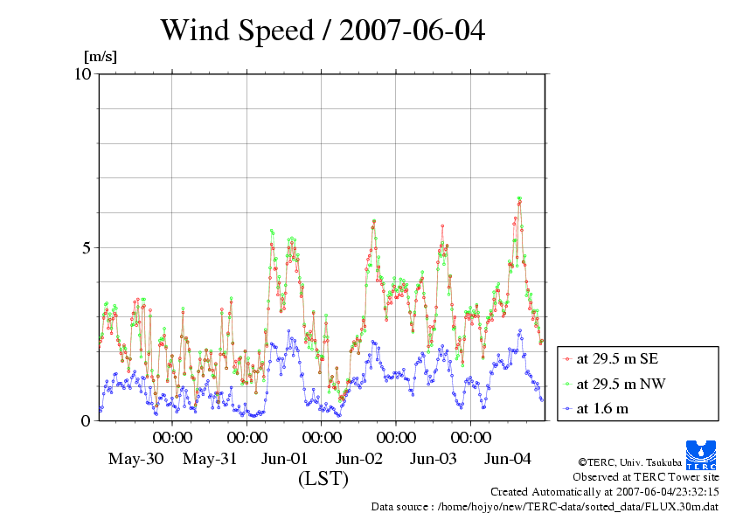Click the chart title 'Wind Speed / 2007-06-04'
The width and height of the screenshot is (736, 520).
323,31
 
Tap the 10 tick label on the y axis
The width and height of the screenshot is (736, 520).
83,73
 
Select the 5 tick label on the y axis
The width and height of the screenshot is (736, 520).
87,247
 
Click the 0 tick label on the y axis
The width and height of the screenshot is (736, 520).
87,420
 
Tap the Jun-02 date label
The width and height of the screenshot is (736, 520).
359,458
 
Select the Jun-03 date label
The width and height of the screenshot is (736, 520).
434,458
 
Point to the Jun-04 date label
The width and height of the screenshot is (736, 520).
508,458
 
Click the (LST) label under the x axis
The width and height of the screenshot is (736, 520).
323,479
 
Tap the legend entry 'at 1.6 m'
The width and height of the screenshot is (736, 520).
602,408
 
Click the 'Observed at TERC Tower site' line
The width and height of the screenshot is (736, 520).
646,477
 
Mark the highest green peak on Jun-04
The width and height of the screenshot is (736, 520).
519,198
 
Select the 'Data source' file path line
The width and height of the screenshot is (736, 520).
545,506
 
